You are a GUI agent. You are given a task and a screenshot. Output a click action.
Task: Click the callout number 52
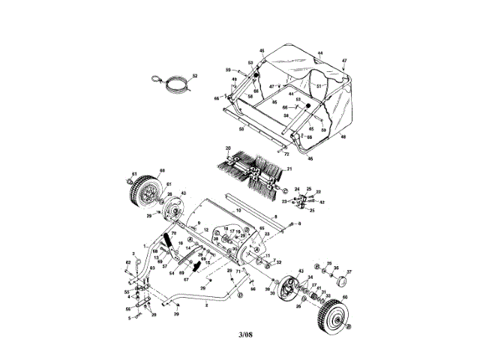[194, 76]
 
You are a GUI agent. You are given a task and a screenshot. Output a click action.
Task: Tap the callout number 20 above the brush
[227, 148]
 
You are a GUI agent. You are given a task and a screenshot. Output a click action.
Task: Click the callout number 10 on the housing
[238, 211]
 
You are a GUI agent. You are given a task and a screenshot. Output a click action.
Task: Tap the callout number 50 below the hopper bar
[241, 129]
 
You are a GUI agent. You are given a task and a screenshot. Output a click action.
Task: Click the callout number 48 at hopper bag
[343, 137]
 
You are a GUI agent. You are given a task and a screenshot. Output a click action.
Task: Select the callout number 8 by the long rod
[274, 217]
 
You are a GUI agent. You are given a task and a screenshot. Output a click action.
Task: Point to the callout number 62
[127, 262]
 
